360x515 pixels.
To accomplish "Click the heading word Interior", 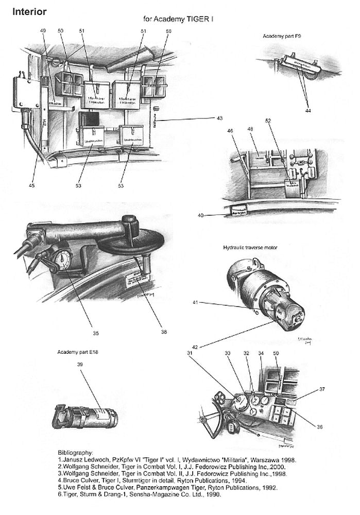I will [29, 11].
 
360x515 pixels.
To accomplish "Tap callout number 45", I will [32, 186].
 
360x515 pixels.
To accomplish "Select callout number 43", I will [219, 118].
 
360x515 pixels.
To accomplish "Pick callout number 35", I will [96, 325].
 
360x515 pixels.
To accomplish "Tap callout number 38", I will [164, 332].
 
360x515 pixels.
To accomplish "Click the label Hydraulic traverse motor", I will [250, 248].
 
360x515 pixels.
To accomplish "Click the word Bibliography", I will [75, 453].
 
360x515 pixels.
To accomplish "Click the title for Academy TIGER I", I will [178, 19].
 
